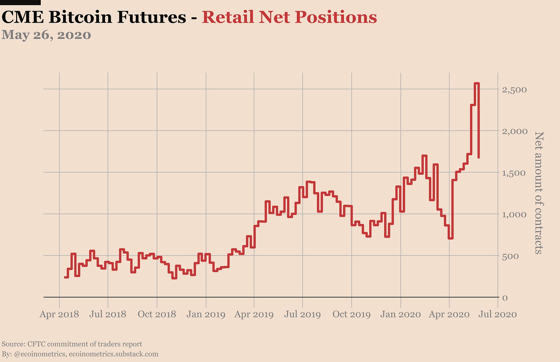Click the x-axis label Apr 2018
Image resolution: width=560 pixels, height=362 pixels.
click(59, 314)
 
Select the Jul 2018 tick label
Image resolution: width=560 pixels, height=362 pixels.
click(108, 314)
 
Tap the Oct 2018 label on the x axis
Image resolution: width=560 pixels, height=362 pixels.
click(157, 314)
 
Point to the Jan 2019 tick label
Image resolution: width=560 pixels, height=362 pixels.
click(206, 314)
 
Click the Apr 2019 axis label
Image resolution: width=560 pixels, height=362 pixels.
click(254, 314)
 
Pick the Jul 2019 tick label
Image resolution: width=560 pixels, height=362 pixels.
click(302, 314)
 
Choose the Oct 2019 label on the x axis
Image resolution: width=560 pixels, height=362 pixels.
click(352, 314)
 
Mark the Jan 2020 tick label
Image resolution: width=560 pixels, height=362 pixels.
click(401, 314)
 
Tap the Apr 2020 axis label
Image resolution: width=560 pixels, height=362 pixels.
click(449, 314)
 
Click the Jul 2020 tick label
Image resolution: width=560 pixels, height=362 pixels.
click(498, 314)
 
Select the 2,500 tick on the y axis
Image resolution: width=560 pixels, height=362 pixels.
click(514, 90)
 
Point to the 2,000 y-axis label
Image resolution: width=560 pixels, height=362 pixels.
click(514, 131)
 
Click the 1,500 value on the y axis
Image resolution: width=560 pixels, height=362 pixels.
click(514, 173)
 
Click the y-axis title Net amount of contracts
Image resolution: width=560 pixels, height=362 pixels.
click(539, 193)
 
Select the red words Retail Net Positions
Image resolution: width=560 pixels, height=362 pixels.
click(289, 17)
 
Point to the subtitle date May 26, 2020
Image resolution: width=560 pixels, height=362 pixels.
click(46, 35)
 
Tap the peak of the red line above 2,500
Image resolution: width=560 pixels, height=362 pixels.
click(477, 83)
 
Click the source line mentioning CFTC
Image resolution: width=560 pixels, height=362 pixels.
click(72, 344)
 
